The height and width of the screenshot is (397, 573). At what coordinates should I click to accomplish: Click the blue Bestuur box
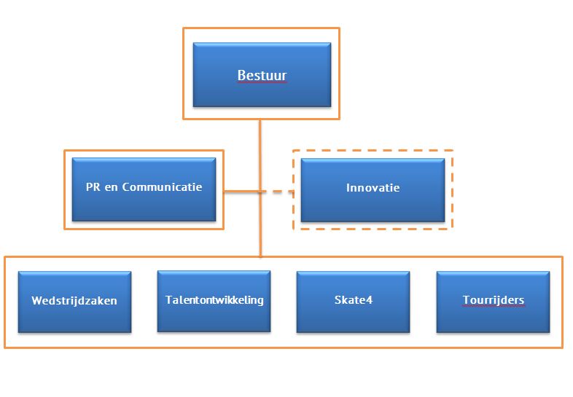click(262, 75)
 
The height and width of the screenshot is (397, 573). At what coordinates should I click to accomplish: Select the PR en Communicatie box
click(144, 189)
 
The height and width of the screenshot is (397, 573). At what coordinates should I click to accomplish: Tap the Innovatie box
click(373, 190)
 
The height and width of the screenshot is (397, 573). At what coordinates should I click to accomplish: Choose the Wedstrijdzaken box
click(74, 302)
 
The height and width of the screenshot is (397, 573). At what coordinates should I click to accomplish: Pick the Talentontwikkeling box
click(214, 302)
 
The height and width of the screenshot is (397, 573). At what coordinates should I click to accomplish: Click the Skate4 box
click(353, 302)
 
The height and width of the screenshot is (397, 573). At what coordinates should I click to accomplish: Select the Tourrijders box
click(493, 302)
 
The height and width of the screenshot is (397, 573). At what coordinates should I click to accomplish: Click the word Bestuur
click(262, 75)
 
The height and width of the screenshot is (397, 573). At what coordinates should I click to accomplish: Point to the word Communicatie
click(162, 186)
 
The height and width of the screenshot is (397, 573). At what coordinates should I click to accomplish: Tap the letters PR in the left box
click(93, 186)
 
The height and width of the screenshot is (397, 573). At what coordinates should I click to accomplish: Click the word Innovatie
click(373, 187)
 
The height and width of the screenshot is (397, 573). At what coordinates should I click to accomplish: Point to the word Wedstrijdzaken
click(74, 301)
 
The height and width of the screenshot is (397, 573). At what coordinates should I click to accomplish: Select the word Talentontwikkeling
click(214, 300)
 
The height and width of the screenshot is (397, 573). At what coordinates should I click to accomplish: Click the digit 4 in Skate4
click(369, 300)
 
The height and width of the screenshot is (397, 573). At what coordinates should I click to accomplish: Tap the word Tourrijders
click(494, 300)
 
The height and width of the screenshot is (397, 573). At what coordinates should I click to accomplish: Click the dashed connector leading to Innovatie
click(278, 191)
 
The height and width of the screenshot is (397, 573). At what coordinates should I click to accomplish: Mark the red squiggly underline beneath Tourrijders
click(494, 306)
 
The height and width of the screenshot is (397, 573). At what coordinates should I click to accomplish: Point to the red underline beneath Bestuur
click(262, 82)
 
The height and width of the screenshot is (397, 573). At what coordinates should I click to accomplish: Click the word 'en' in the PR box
click(111, 188)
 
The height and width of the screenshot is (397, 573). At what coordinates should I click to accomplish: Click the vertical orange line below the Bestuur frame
click(260, 188)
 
